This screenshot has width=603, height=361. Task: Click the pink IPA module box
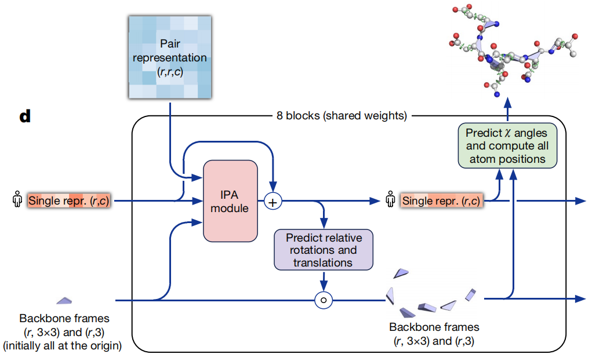point(230,200)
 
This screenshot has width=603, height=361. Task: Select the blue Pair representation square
point(169,56)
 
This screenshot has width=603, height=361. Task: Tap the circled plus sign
point(273,201)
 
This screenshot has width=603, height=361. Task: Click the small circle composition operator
point(324,300)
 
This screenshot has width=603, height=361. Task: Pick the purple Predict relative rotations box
point(323,250)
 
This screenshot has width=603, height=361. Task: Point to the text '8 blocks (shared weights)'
point(340,115)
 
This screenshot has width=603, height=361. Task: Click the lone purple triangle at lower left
point(64,300)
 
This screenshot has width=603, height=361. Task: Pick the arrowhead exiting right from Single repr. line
point(580,201)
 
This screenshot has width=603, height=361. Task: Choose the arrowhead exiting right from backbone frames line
point(580,299)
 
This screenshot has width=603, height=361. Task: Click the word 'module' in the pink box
point(230,208)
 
